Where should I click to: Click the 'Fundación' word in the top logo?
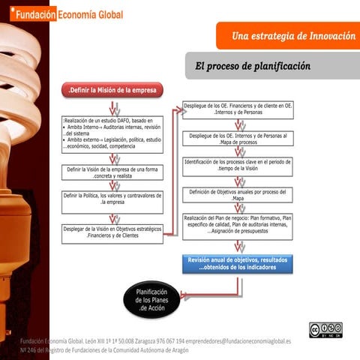(x=31, y=16)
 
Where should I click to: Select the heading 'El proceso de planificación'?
(x=252, y=66)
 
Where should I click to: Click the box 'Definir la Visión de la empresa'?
(x=112, y=173)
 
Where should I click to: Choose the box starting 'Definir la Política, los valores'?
(x=112, y=199)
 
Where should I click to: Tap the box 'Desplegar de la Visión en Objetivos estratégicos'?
(x=112, y=232)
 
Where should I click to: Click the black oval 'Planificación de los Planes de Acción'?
(x=154, y=300)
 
